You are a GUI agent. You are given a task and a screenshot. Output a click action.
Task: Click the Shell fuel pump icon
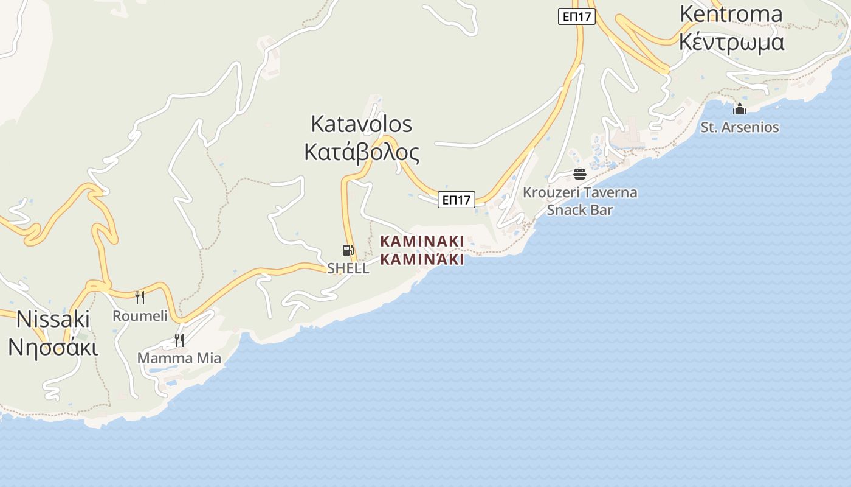tap(348, 250)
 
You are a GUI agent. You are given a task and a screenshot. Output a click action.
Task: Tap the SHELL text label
tap(348, 268)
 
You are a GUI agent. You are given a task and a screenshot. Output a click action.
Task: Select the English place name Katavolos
tap(361, 124)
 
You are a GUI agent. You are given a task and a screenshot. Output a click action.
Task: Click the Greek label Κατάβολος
tap(362, 152)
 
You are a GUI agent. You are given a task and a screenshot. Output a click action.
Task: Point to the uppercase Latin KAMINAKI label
tap(422, 241)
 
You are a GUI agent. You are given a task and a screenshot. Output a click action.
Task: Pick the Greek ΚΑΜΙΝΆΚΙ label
tap(422, 260)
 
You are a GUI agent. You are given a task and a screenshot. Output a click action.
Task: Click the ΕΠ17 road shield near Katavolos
tap(456, 200)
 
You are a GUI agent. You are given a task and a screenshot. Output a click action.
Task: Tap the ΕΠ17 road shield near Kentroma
tap(576, 16)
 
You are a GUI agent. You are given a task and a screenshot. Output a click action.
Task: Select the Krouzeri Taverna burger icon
tap(580, 175)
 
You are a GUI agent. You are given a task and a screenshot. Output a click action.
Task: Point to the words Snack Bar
tap(580, 210)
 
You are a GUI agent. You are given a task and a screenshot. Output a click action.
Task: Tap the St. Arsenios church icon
tap(740, 110)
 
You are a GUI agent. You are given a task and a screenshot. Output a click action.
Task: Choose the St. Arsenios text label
tap(740, 128)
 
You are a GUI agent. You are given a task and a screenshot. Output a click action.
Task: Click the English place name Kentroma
tap(731, 13)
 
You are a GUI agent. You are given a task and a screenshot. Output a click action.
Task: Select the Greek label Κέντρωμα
tap(731, 42)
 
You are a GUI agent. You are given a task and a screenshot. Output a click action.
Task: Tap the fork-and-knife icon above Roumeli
tap(140, 297)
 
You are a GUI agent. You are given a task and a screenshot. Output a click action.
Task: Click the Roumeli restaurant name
tap(140, 316)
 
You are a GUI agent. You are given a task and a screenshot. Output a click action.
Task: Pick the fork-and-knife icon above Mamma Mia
tap(179, 340)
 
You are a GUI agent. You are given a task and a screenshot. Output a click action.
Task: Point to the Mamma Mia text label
tap(179, 359)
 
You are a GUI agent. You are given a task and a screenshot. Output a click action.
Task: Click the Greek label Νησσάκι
tap(53, 347)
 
